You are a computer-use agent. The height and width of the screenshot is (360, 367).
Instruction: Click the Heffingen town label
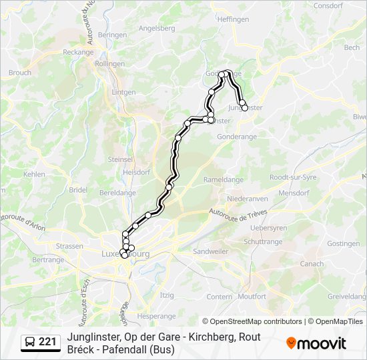233,20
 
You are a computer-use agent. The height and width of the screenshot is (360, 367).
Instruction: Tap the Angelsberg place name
156,29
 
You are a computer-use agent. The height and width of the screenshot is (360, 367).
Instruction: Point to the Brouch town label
20,73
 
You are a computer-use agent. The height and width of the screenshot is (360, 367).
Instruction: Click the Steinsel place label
121,159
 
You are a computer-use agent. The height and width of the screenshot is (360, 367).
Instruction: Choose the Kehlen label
34,174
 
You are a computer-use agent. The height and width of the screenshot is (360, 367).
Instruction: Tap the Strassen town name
70,246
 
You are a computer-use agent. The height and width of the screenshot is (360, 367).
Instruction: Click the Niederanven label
247,199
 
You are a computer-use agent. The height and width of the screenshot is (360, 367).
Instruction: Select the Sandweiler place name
211,251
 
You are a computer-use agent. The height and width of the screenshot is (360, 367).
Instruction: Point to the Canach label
312,264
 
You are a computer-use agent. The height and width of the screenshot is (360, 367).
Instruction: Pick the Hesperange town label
155,315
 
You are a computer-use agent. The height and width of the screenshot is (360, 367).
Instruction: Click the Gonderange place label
237,136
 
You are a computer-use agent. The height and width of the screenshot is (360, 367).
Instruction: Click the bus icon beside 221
30,342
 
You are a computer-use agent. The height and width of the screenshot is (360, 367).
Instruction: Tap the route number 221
47,342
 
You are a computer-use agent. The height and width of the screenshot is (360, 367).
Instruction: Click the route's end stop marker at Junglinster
244,107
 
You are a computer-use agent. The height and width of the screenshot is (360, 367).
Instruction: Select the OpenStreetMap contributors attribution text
253,321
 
